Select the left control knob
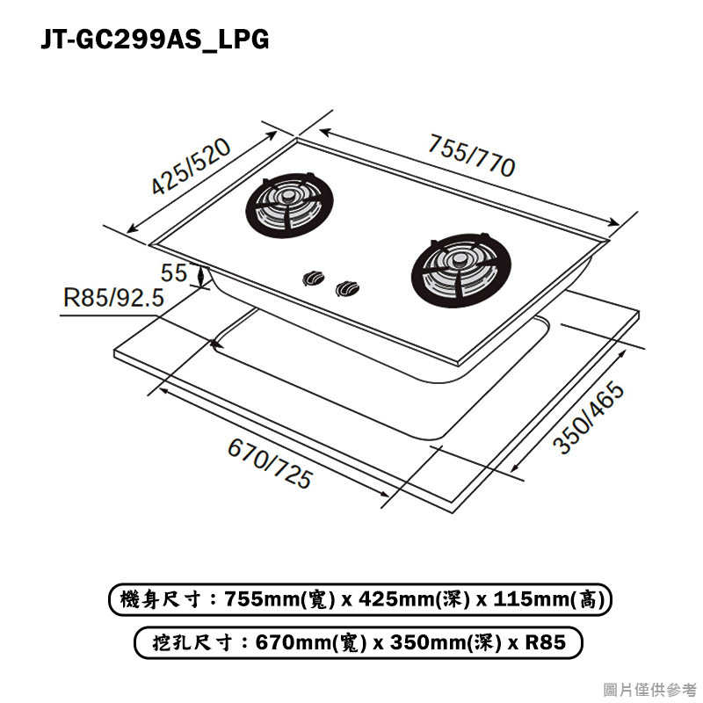pos(311,279)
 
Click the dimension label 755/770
pos(471,156)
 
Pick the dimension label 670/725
pos(270,463)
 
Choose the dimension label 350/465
pos(588,419)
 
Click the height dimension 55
pos(174,273)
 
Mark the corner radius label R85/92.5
pos(113,298)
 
